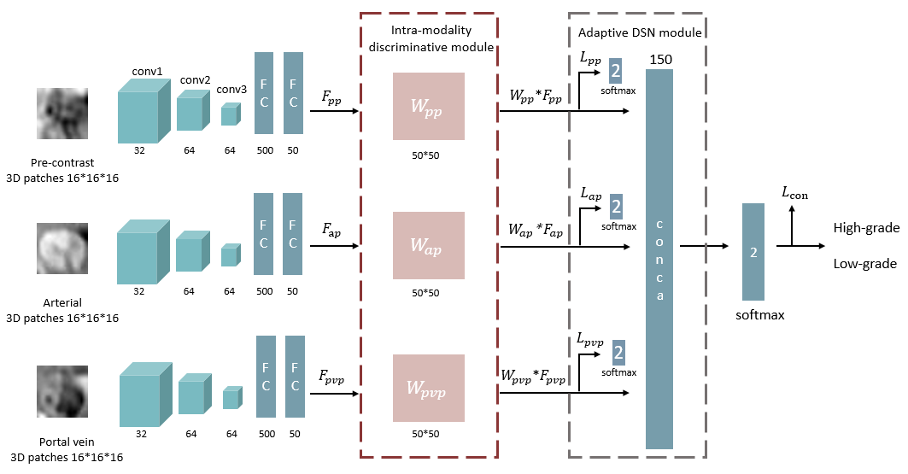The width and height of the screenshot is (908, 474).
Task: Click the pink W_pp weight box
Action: click(x=428, y=106)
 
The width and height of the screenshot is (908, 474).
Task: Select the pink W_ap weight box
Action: click(x=428, y=245)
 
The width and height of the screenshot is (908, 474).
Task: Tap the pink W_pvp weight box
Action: click(x=428, y=388)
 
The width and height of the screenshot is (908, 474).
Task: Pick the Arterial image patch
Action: click(x=62, y=249)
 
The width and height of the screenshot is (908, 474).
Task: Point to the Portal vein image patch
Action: click(x=62, y=391)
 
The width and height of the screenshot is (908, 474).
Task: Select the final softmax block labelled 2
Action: click(x=753, y=251)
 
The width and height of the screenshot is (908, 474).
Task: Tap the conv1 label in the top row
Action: click(x=147, y=72)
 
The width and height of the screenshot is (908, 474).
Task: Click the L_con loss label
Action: click(x=794, y=195)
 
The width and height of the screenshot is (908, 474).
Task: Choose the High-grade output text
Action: click(x=866, y=228)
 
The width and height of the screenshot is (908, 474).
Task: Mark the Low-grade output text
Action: click(x=864, y=264)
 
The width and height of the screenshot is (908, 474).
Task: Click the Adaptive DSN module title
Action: click(x=640, y=32)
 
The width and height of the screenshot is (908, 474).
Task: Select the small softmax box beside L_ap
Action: click(x=617, y=207)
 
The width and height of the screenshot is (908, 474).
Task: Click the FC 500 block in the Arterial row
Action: click(x=264, y=233)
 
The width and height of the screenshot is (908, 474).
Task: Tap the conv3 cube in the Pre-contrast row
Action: click(x=229, y=115)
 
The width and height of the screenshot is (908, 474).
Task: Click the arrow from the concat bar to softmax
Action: click(x=702, y=246)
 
